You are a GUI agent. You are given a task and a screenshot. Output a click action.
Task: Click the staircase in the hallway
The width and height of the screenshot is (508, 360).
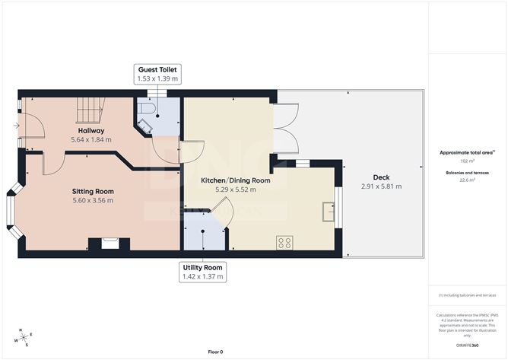tap(93, 110)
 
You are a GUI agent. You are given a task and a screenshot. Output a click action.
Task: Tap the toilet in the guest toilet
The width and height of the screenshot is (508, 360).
tap(149, 111)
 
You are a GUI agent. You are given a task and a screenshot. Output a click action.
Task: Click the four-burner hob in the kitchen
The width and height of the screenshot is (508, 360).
tap(285, 243)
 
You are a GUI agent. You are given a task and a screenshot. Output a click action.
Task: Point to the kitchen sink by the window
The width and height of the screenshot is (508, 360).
tap(329, 211)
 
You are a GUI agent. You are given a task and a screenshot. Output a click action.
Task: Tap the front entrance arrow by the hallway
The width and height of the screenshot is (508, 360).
tap(17, 126)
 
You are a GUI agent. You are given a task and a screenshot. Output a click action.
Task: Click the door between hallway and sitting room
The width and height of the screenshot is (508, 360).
tap(52, 161)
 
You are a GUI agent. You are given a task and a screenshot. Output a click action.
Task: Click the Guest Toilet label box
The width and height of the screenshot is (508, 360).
tap(157, 74)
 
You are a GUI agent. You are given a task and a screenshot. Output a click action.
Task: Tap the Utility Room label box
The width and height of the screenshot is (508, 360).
tap(202, 272)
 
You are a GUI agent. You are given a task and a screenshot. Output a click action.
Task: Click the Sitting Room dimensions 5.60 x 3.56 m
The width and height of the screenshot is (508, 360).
tap(93, 200)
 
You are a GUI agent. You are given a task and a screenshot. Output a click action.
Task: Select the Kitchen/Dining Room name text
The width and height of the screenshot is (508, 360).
tap(235, 180)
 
